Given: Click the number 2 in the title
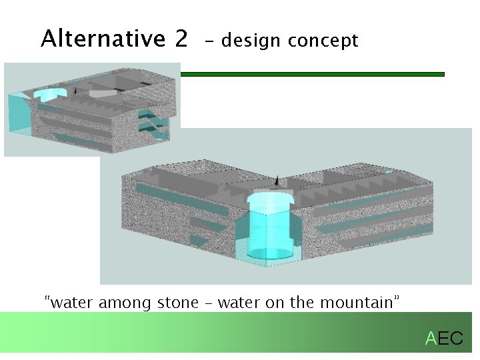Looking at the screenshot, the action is tap(181, 39).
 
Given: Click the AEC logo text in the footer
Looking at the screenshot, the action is tap(444, 339).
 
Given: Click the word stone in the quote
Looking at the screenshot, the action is tap(177, 303).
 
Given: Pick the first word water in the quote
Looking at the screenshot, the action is tap(72, 303).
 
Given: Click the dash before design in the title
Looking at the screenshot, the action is tap(210, 41).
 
